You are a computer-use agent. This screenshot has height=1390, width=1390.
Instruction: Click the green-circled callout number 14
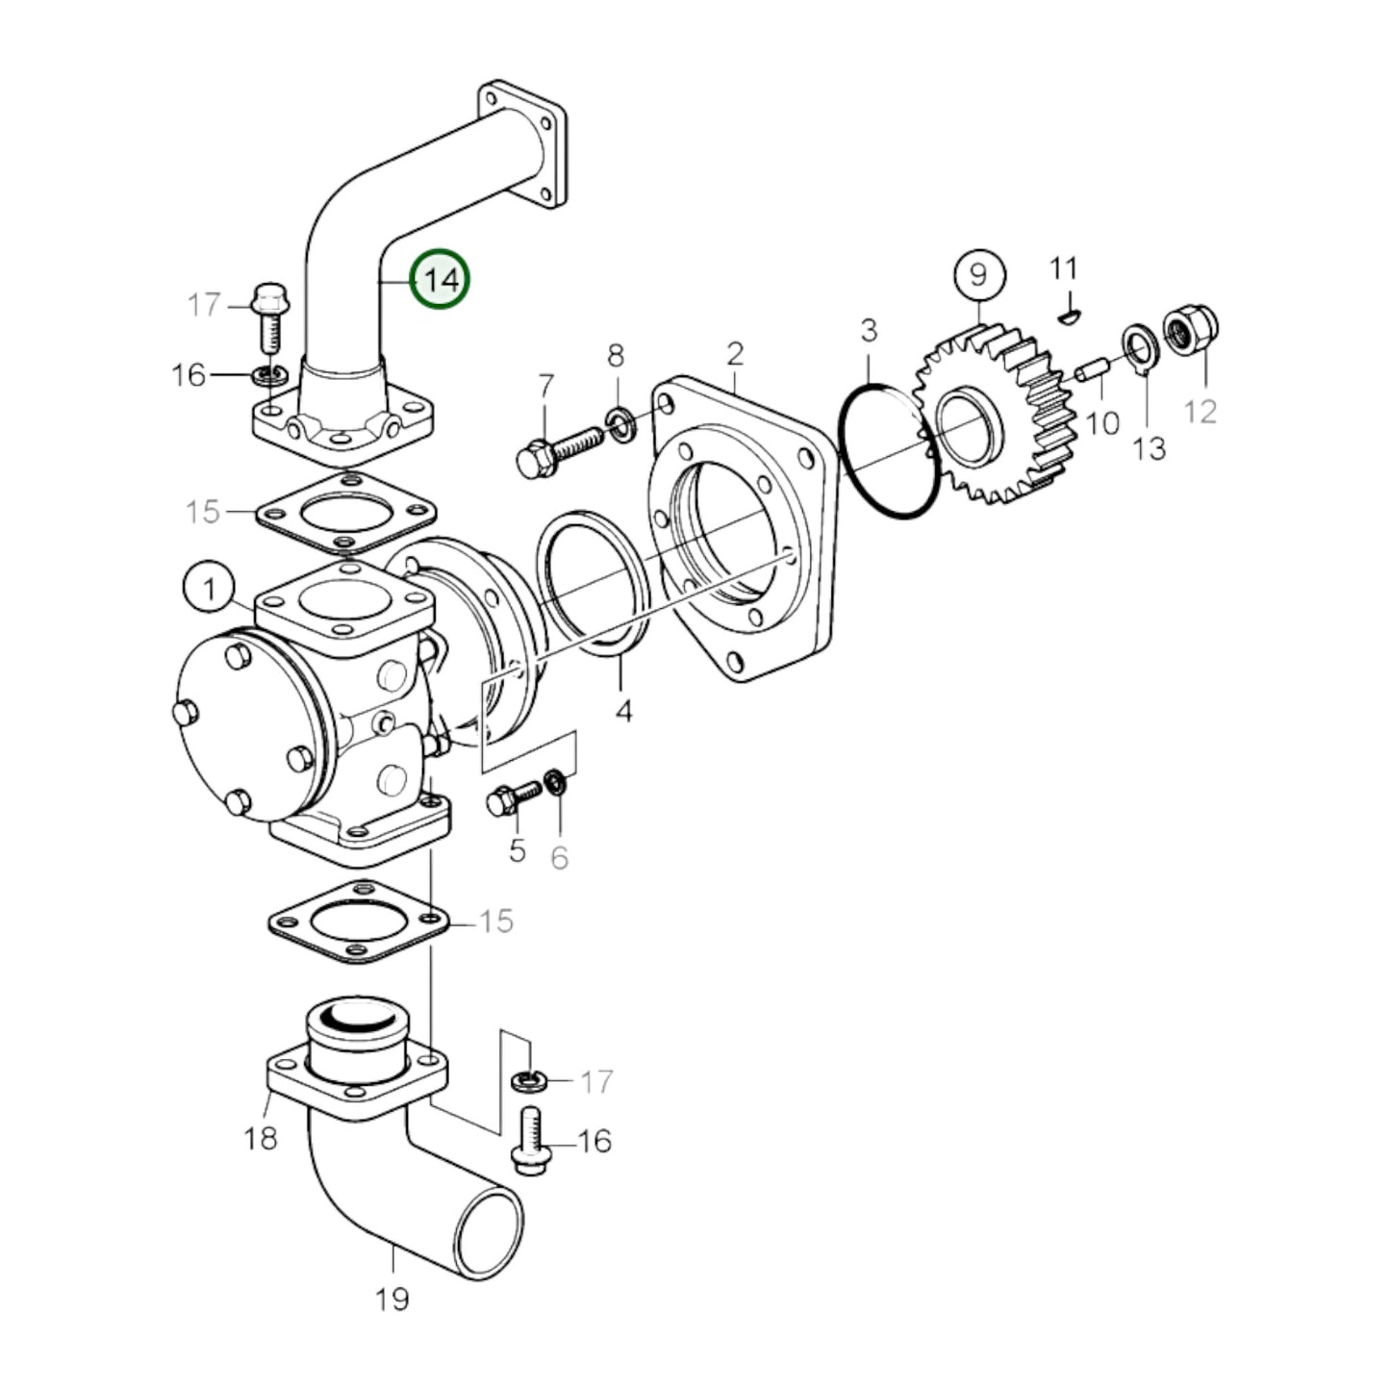(x=441, y=280)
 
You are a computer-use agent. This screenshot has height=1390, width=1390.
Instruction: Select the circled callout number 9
(x=978, y=276)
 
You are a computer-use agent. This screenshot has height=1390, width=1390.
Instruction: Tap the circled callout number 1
(x=208, y=587)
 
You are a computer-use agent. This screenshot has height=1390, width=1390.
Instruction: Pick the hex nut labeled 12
(x=1190, y=331)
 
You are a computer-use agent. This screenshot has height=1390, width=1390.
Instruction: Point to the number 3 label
(x=869, y=331)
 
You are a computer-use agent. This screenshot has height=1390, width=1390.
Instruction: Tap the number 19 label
(x=392, y=1300)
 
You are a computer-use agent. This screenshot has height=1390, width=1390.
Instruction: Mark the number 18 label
(x=261, y=1139)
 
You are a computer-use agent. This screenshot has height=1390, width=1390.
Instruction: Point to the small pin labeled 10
(x=1092, y=371)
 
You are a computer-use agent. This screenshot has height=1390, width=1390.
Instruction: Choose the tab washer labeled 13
(x=1141, y=345)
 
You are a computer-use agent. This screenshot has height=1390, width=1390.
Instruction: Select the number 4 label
(x=623, y=711)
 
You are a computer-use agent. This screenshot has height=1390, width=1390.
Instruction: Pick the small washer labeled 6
(x=556, y=783)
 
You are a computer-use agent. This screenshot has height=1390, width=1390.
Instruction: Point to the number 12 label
(x=1200, y=411)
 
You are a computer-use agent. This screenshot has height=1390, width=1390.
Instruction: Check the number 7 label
(x=545, y=387)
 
